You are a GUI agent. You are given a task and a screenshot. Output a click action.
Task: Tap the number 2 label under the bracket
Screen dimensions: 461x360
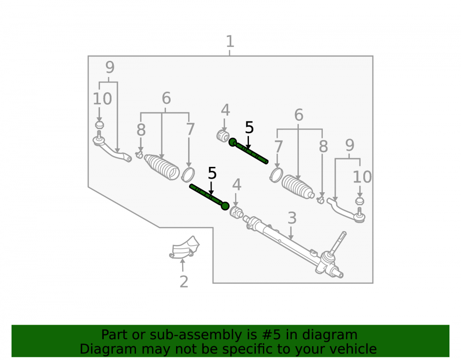click(184, 282)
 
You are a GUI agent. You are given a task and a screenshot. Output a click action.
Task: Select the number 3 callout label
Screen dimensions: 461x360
click(292, 218)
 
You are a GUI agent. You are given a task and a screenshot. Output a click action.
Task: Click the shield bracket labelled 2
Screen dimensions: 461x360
click(185, 248)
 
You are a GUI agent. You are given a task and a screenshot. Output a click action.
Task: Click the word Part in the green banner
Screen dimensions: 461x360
click(115, 335)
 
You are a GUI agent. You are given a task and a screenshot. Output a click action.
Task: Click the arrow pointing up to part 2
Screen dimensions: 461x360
click(183, 265)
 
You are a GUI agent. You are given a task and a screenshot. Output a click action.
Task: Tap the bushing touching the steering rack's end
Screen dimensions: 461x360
click(236, 212)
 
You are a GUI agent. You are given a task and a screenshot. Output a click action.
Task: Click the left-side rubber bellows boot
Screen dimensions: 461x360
click(162, 166)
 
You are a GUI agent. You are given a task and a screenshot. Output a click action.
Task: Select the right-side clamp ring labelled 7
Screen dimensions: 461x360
click(276, 175)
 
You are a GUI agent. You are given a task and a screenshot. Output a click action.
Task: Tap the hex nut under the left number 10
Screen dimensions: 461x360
click(100, 124)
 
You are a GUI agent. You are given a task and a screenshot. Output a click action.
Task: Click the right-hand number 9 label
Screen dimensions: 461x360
click(349, 145)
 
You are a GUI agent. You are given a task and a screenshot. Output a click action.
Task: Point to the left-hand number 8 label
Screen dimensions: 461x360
click(141, 130)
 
